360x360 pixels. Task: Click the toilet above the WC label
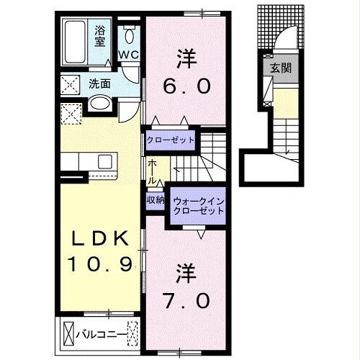[x=130, y=34]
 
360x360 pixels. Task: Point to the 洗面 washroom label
[x=99, y=84]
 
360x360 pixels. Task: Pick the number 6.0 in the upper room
[x=185, y=86]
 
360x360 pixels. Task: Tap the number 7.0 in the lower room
[x=185, y=297]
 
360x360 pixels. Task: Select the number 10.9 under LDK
[x=101, y=266]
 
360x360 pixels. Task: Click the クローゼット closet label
[x=171, y=139]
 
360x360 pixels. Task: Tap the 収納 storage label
[x=156, y=199]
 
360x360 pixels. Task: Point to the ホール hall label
[x=153, y=171]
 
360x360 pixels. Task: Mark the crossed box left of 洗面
[x=70, y=84]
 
